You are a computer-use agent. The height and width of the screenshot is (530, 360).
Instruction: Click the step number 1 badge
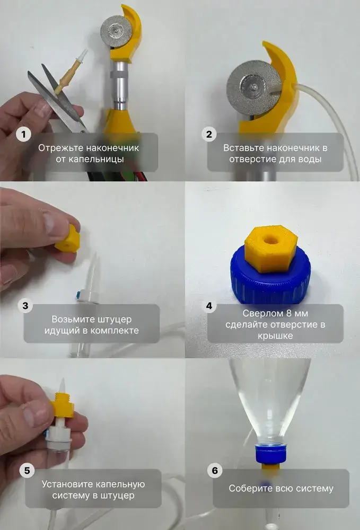click(23, 134)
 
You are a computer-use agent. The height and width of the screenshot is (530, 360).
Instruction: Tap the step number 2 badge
click(209, 134)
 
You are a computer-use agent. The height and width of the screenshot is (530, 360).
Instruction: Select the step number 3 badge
click(25, 306)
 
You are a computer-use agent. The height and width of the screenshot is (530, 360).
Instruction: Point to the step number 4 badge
click(209, 306)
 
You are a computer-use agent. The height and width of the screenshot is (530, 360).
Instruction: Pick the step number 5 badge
click(27, 471)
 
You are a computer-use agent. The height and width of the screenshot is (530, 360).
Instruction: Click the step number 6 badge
click(215, 471)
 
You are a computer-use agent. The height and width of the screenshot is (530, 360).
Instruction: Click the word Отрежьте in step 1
click(60, 148)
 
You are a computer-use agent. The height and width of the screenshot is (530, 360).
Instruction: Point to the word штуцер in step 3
click(115, 320)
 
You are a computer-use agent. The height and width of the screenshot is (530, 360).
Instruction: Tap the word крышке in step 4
click(275, 336)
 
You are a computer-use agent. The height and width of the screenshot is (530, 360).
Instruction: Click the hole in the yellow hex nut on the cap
click(270, 240)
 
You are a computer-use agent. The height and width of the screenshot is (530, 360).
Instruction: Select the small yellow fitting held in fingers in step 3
click(68, 238)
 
